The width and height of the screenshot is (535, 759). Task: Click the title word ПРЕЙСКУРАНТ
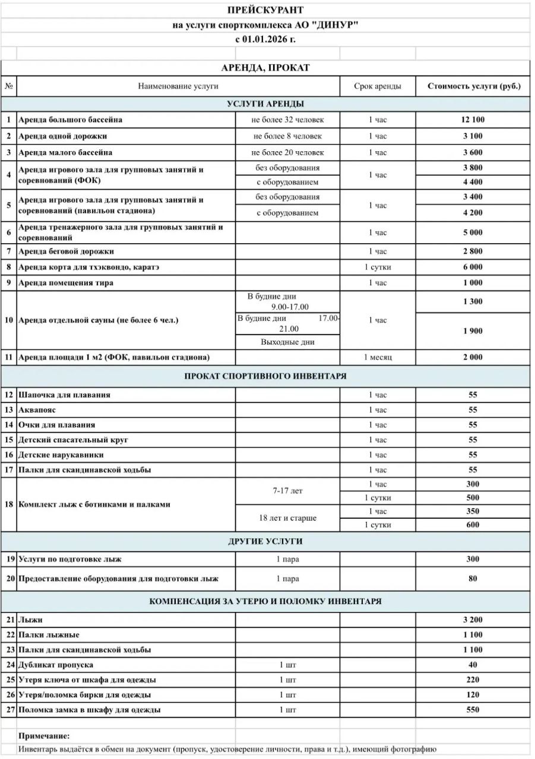click(x=265, y=10)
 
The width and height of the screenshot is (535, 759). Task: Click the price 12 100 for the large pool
click(x=473, y=120)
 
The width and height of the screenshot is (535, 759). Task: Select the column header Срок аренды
click(x=377, y=86)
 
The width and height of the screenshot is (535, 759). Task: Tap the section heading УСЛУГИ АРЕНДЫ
click(x=265, y=104)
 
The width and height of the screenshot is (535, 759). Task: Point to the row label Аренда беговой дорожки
click(x=67, y=251)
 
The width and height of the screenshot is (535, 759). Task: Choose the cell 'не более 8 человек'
click(x=288, y=136)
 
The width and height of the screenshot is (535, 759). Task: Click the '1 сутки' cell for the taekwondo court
click(x=377, y=267)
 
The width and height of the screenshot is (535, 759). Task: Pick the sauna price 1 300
click(x=473, y=301)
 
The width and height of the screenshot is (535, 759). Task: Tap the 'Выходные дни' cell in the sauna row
click(x=288, y=342)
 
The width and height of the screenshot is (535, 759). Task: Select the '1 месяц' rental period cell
click(x=377, y=357)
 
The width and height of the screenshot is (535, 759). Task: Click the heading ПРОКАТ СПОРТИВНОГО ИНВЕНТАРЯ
click(x=265, y=376)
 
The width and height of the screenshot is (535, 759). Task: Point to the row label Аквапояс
click(x=37, y=410)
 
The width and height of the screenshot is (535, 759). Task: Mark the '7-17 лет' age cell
click(x=288, y=491)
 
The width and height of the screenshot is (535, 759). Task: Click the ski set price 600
click(x=473, y=525)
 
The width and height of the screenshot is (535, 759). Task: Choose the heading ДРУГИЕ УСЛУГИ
click(x=265, y=541)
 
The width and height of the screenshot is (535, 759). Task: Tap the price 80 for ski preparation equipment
click(x=473, y=579)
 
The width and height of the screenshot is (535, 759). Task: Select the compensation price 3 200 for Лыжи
click(x=473, y=620)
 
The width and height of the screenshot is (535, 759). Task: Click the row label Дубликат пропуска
click(x=56, y=665)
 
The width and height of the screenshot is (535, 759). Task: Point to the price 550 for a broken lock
click(x=473, y=710)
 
